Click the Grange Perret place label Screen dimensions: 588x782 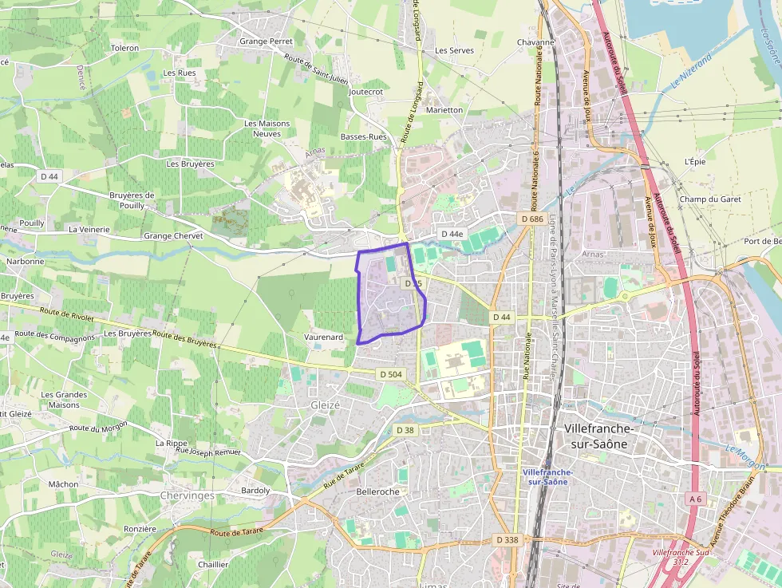(x=266, y=41)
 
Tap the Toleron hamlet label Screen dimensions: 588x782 (x=125, y=48)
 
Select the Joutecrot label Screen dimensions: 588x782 (x=366, y=92)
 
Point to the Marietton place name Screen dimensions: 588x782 (x=444, y=109)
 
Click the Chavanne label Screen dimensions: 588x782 (x=535, y=42)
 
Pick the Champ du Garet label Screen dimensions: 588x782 (x=710, y=199)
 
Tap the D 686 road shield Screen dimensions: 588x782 (x=531, y=219)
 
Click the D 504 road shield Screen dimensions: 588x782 (x=391, y=374)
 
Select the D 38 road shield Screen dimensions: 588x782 (x=405, y=430)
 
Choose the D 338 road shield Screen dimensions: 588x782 (x=508, y=540)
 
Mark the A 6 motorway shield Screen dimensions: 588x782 (x=696, y=499)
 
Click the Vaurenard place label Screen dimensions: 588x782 (x=324, y=337)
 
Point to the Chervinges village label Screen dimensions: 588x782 (x=188, y=495)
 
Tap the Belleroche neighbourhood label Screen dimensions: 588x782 (x=378, y=491)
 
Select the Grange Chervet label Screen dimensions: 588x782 (x=173, y=236)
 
